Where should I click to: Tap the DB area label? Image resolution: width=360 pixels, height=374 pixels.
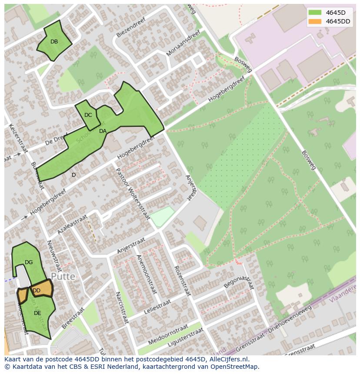[54, 42]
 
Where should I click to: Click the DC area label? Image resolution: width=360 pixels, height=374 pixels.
[88, 115]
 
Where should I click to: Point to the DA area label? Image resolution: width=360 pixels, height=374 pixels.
[103, 131]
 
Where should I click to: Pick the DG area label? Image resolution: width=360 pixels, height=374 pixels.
[29, 262]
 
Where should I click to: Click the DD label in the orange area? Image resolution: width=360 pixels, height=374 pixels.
[37, 291]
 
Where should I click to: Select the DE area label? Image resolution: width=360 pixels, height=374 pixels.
[37, 313]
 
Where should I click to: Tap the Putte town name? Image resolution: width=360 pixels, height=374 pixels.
[63, 277]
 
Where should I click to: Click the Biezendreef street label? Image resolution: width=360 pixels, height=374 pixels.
[130, 30]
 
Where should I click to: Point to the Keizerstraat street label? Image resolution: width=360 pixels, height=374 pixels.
[18, 138]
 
